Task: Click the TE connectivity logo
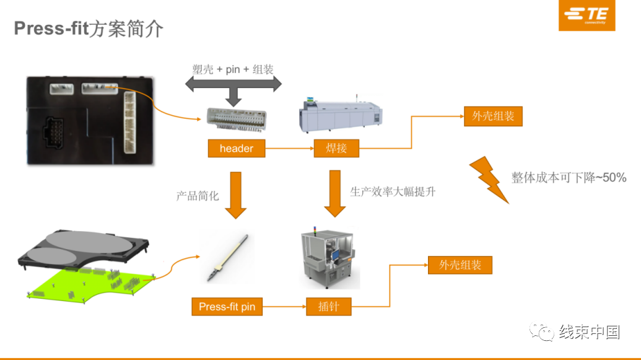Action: [586, 16]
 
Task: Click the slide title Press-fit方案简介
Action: [89, 29]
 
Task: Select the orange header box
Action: [236, 149]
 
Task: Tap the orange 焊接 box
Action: [336, 149]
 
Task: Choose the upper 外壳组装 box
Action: [493, 116]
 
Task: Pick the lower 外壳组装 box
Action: [460, 265]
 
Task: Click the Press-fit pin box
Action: [227, 306]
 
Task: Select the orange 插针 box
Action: [329, 306]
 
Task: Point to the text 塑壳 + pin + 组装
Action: [233, 69]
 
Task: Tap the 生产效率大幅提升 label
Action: [393, 191]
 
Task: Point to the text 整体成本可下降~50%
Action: [569, 178]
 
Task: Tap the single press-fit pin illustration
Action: [228, 258]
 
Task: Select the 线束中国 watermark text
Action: [589, 332]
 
